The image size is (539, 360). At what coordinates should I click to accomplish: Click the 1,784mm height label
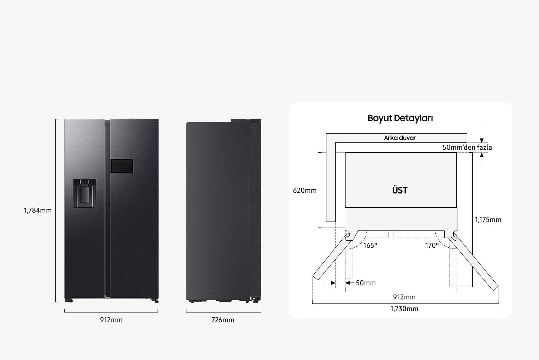tap(38, 210)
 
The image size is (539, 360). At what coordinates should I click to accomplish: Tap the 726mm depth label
tap(223, 320)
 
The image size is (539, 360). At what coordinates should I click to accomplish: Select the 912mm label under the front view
tap(111, 320)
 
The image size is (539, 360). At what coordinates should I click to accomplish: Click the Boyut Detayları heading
tap(400, 118)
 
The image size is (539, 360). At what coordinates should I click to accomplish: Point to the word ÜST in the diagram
tap(400, 190)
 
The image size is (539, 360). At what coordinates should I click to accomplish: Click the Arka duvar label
tap(400, 138)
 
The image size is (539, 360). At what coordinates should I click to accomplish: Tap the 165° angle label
tap(370, 245)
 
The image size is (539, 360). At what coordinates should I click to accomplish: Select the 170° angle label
tap(432, 245)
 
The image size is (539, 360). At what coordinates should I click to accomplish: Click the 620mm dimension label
tap(305, 190)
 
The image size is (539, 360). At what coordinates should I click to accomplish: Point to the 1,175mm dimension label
tap(488, 220)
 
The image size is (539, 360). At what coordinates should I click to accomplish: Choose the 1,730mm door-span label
tap(404, 309)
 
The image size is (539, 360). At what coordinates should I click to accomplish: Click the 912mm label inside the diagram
tap(404, 297)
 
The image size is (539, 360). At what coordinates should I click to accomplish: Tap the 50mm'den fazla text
tap(467, 147)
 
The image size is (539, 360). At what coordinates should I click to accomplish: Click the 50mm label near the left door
tap(365, 283)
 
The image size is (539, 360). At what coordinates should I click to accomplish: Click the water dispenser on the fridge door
tap(84, 193)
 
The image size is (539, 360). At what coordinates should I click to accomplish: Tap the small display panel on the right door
tap(122, 166)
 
